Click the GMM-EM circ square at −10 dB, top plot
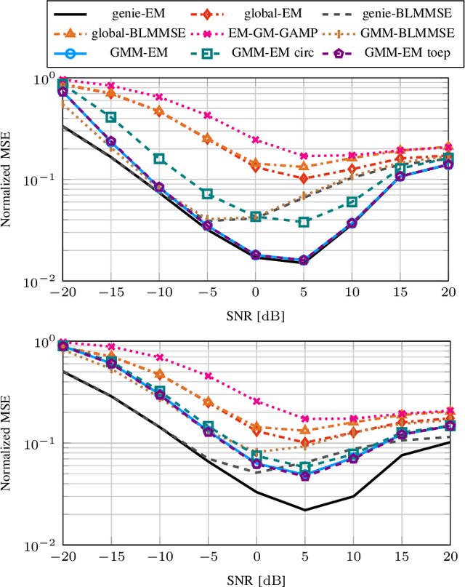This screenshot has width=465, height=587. coord(159,159)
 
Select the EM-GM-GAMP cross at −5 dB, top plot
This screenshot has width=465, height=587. coord(208,116)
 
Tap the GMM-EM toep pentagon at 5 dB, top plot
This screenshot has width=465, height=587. coord(304,260)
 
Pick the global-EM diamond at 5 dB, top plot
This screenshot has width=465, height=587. coord(304,178)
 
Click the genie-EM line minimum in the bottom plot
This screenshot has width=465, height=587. coord(304,510)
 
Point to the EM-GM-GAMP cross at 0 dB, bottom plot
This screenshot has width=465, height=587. coord(256,401)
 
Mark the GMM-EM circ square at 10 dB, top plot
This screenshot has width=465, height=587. coord(352,201)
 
